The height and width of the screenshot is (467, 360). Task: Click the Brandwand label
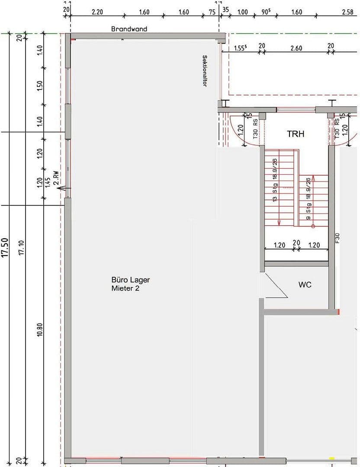coord(129,29)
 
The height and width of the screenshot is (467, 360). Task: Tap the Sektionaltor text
coord(204,71)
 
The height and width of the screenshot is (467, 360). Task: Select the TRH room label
coord(296,134)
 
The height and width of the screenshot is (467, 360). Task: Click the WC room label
coord(305,285)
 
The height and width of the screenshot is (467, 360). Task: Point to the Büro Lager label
coord(131,280)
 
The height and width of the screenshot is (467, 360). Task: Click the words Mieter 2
coord(125,288)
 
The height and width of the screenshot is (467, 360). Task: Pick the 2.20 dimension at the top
coord(97,12)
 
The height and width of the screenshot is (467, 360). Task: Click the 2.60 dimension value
coord(296,48)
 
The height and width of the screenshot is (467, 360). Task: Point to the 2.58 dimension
coord(347,12)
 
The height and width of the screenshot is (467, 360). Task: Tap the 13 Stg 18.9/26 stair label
coord(274,180)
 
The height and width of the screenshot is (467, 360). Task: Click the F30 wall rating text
coord(337,238)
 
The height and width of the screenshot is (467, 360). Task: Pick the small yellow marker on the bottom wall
coord(332,458)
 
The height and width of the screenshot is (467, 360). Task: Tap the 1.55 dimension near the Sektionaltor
coord(241,48)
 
